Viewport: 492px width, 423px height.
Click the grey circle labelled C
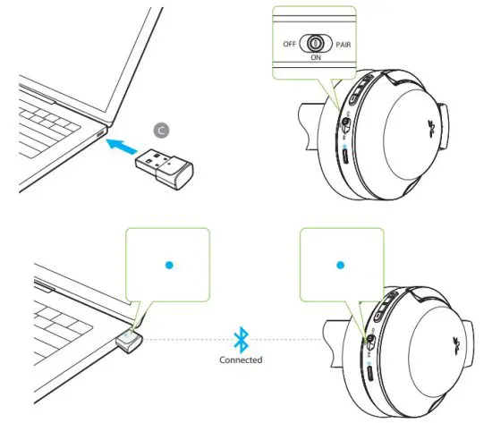click(160, 129)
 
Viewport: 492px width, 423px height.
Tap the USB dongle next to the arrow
click(165, 163)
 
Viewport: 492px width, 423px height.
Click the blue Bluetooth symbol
click(239, 339)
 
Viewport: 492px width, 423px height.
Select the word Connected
click(239, 360)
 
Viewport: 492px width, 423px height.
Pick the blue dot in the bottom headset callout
click(339, 265)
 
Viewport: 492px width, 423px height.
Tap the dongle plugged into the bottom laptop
click(131, 341)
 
